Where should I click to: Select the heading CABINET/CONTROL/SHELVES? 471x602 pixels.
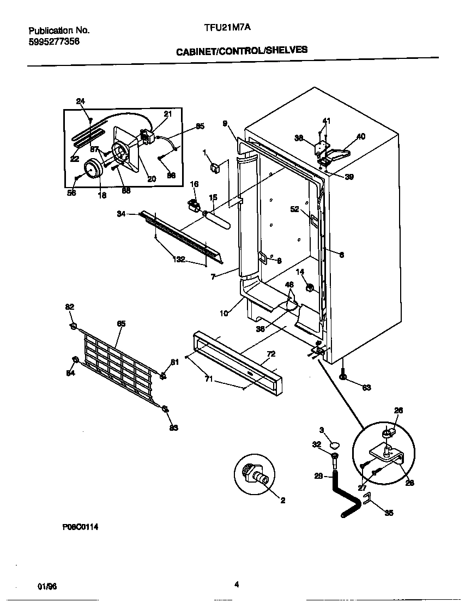click(x=241, y=50)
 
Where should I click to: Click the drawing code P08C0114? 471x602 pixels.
click(x=80, y=527)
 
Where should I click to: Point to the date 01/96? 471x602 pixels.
click(x=47, y=586)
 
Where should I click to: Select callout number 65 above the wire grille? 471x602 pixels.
click(x=121, y=323)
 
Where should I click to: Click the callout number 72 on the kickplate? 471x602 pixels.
click(x=271, y=354)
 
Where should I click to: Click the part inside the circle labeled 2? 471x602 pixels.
click(x=255, y=472)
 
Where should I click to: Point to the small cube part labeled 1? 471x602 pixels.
click(x=215, y=167)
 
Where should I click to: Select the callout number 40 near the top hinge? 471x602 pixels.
click(x=361, y=136)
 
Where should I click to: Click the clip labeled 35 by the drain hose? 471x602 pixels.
click(x=366, y=498)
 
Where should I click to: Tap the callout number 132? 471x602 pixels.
click(x=179, y=259)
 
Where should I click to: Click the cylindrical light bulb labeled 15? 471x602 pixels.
click(x=218, y=218)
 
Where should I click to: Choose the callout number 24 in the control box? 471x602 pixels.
click(x=81, y=101)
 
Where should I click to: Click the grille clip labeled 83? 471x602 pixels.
click(x=165, y=409)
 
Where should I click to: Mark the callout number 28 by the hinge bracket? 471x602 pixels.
click(x=410, y=483)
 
